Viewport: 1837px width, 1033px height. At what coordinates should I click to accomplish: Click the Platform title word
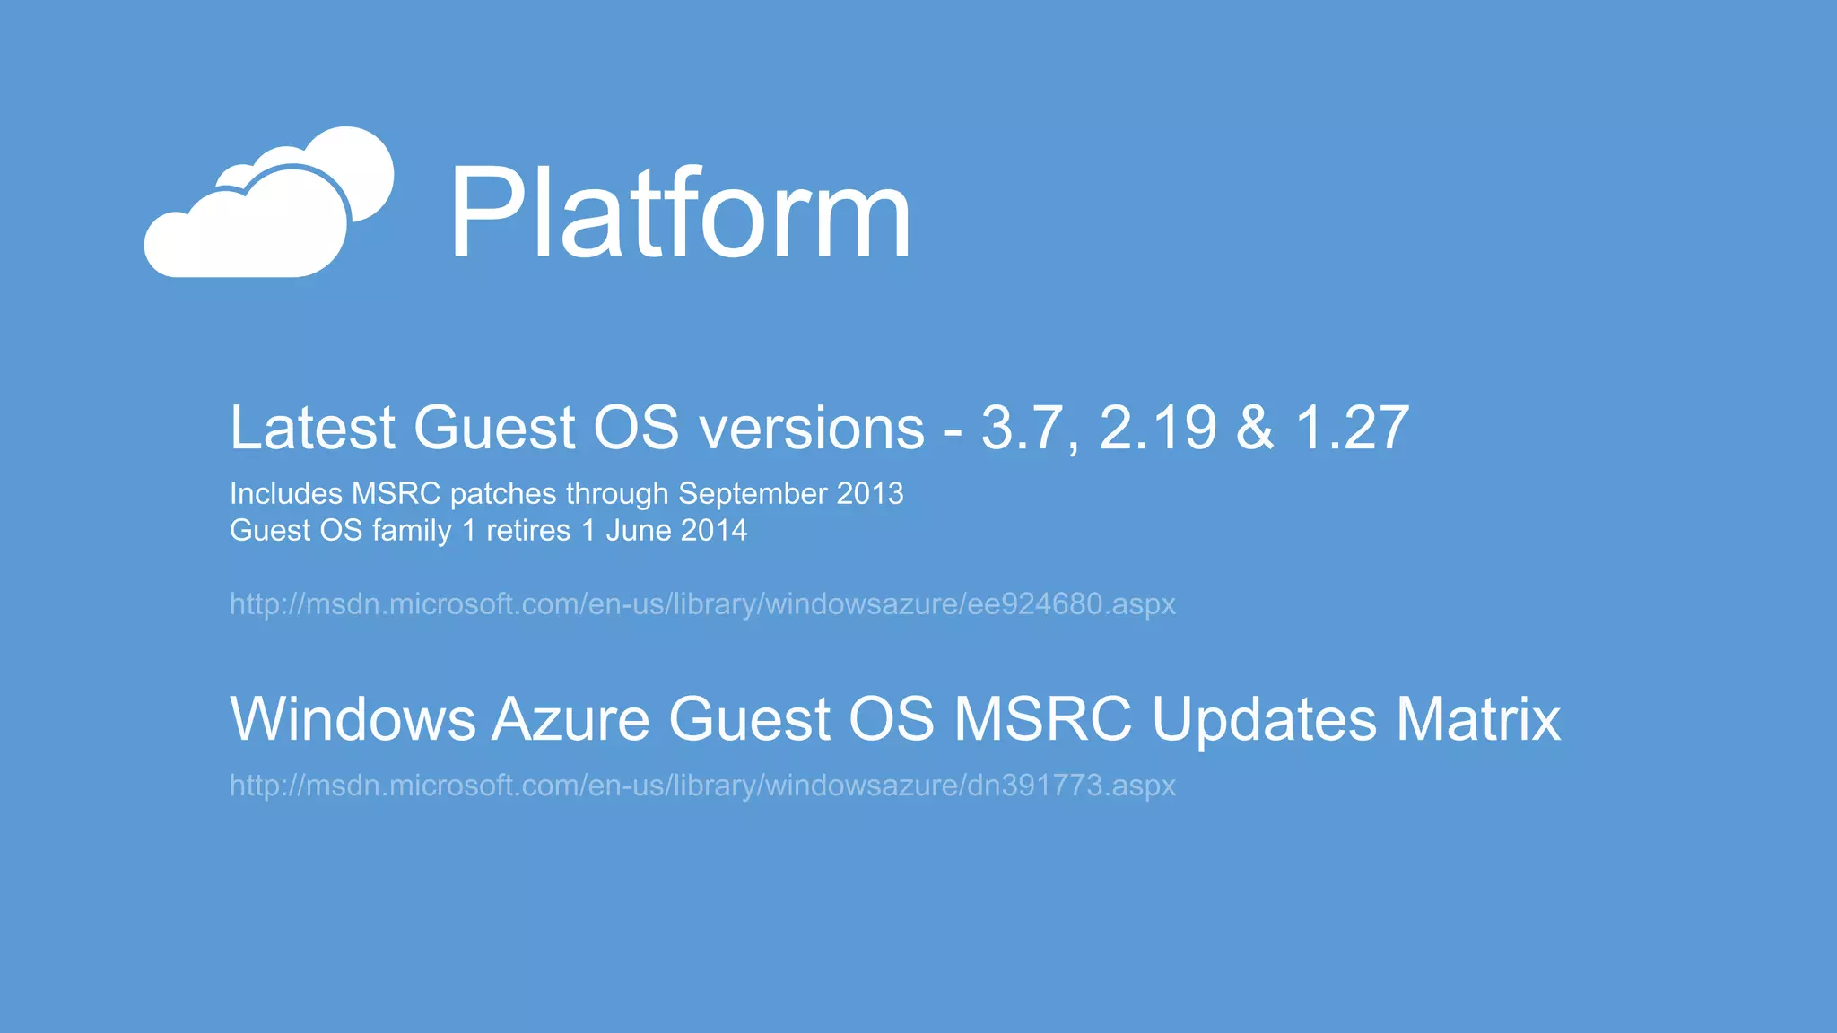(x=679, y=215)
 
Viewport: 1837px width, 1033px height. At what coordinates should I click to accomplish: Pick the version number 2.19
(x=1157, y=428)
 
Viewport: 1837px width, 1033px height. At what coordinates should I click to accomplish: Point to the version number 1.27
(x=1353, y=428)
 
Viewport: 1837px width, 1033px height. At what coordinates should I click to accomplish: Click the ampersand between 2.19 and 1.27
(x=1255, y=428)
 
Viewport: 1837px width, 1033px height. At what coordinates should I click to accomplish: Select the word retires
(x=528, y=531)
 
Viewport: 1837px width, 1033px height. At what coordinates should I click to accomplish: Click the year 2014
(x=713, y=531)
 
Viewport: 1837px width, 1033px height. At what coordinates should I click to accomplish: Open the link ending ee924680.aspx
(x=702, y=604)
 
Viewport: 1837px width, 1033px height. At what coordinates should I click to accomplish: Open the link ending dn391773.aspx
(x=702, y=786)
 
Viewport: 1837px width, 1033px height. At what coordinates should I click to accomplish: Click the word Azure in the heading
(x=570, y=719)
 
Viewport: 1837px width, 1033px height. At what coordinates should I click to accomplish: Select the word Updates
(x=1263, y=719)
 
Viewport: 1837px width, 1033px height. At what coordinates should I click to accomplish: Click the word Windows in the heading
(x=353, y=719)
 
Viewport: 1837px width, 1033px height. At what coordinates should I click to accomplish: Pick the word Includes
(x=286, y=494)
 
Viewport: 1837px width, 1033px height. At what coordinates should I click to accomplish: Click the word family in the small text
(x=412, y=531)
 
